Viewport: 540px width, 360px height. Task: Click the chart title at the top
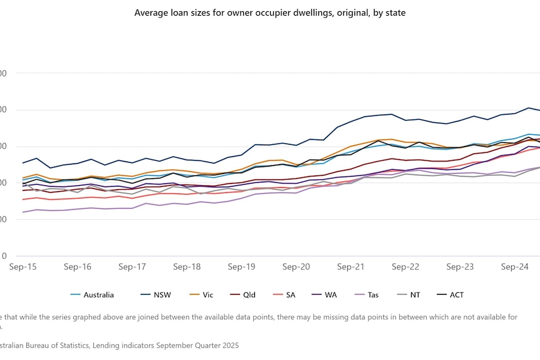[270, 13]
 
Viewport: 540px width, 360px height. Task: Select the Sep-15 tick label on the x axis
[23, 267]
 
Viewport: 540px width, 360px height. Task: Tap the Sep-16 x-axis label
[78, 267]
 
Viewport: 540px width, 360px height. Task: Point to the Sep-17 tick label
[132, 267]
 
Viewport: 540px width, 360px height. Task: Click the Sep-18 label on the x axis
[187, 267]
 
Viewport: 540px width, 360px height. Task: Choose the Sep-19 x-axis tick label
[241, 267]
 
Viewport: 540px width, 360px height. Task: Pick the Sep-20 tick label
[296, 267]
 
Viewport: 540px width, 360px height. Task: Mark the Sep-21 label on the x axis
[351, 267]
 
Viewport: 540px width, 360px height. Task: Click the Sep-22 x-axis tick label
[405, 267]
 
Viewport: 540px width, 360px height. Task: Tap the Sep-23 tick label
[460, 267]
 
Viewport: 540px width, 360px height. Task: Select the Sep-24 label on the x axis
[514, 267]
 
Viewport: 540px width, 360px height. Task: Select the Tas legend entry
[373, 295]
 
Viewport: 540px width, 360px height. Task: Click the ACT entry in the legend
[457, 295]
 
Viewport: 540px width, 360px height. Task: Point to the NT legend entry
[415, 295]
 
